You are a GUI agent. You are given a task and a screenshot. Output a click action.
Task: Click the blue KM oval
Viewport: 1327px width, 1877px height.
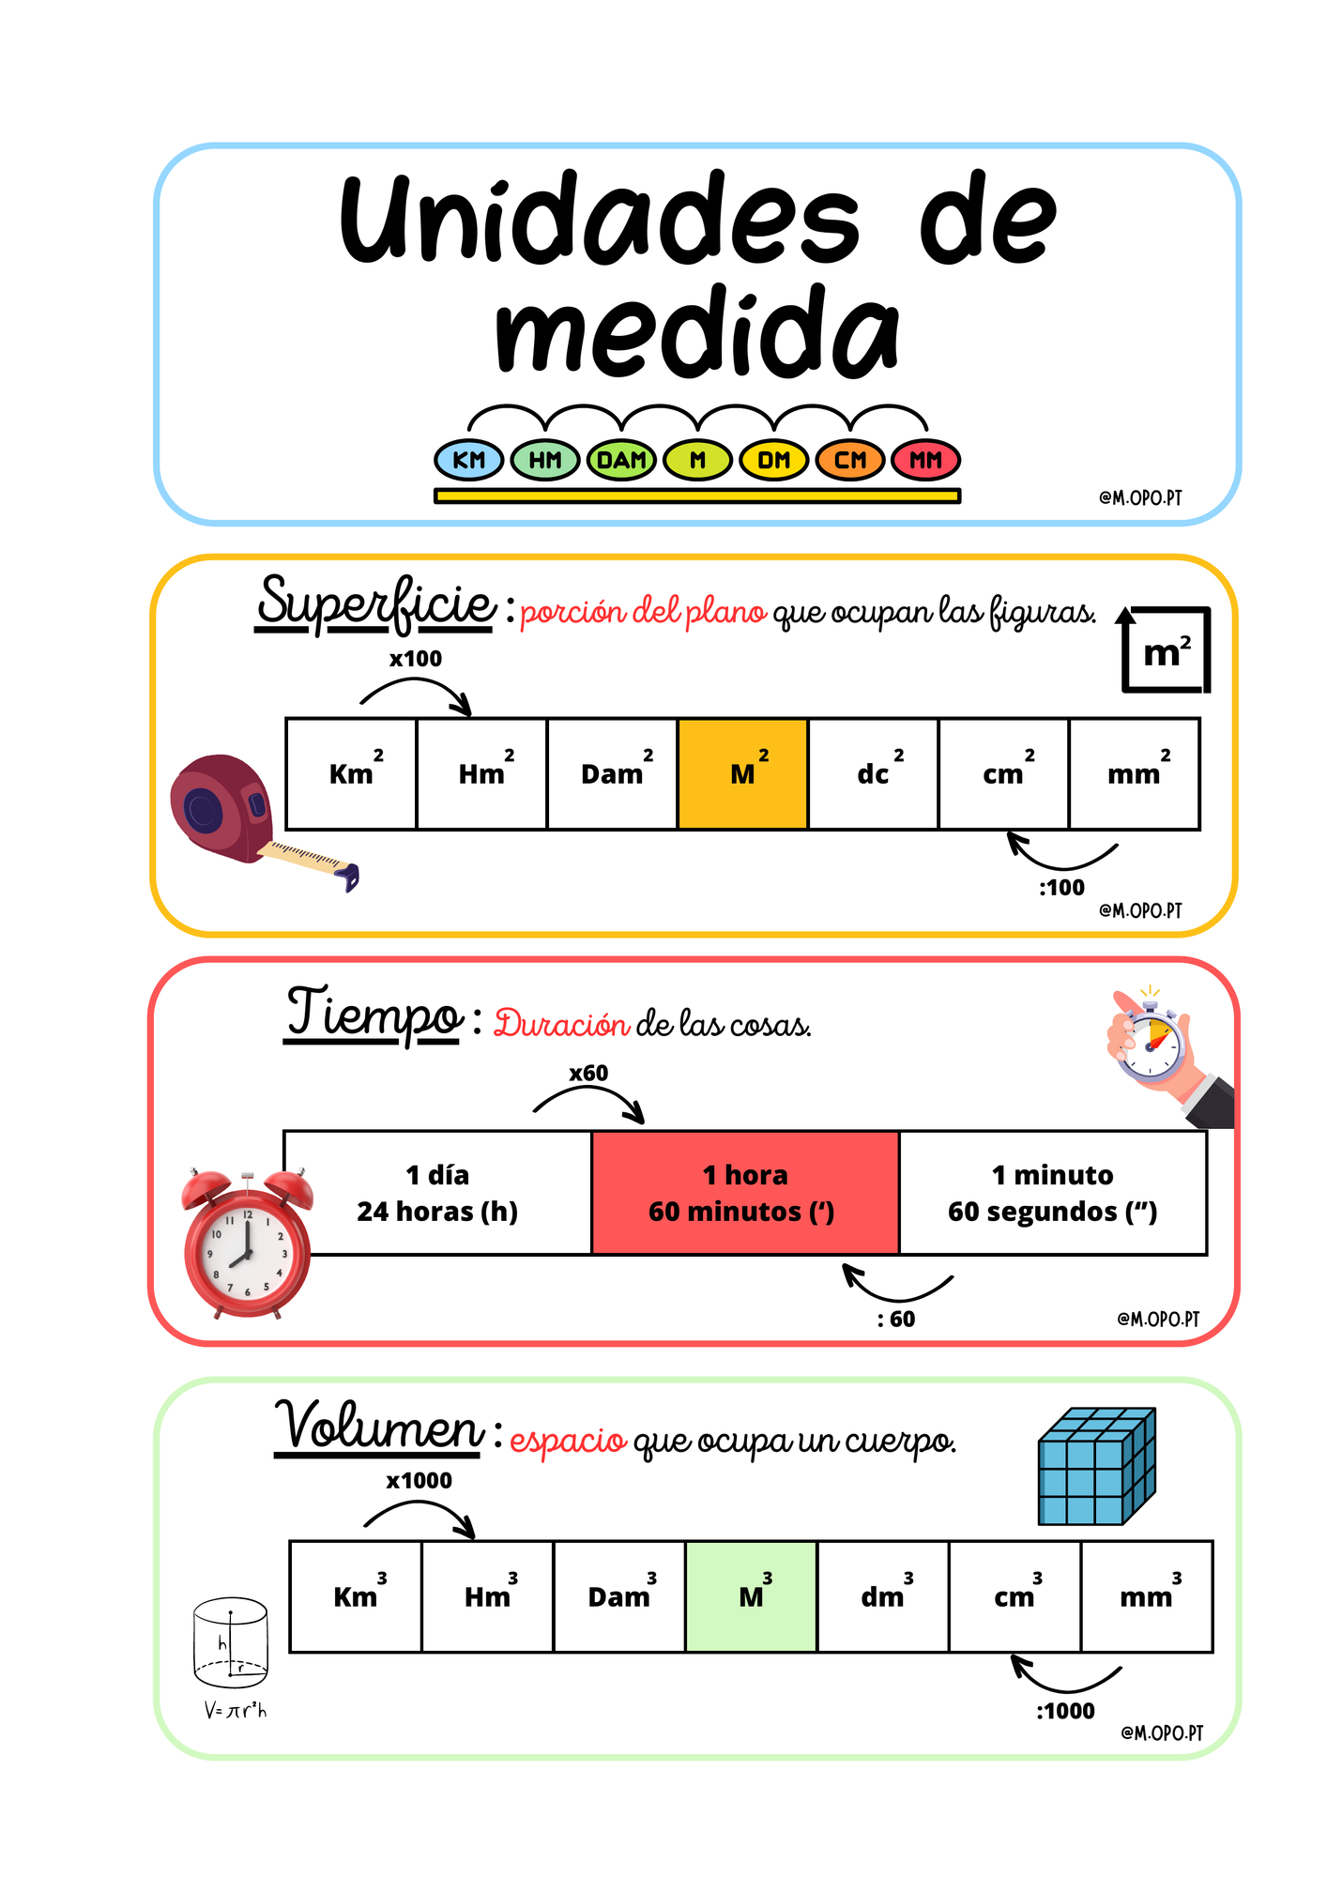click(x=469, y=460)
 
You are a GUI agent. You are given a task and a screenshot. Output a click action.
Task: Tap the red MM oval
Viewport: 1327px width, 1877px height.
click(x=925, y=460)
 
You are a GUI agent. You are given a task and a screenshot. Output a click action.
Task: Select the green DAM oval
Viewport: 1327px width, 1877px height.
click(x=621, y=460)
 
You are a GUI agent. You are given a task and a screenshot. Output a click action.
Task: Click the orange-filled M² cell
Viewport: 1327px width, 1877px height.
click(x=742, y=774)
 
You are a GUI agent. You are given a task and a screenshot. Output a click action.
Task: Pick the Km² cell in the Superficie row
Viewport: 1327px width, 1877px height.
click(x=351, y=774)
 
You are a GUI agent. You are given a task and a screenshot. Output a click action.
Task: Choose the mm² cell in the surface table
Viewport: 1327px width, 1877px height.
click(x=1135, y=774)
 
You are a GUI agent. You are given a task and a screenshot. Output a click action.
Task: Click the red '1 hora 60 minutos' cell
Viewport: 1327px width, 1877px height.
click(x=745, y=1193)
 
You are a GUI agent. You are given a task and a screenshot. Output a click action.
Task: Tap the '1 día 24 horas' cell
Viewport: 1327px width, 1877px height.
click(x=437, y=1193)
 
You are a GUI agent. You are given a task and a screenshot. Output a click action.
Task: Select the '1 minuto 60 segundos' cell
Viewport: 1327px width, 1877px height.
click(x=1053, y=1193)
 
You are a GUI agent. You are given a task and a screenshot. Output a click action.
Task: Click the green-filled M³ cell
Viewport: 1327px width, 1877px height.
click(x=751, y=1596)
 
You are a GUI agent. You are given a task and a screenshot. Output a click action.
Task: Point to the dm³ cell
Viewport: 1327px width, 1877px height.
click(x=883, y=1596)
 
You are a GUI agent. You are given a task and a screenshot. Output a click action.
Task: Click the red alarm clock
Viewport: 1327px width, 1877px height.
click(x=248, y=1244)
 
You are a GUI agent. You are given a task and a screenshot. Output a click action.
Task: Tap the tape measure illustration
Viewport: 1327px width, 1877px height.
click(x=263, y=821)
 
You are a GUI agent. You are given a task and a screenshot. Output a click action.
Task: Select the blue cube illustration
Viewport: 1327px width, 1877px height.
click(x=1096, y=1466)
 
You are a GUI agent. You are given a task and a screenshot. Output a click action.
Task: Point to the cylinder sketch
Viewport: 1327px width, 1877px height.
click(x=231, y=1642)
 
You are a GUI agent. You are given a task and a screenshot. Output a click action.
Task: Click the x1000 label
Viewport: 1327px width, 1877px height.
click(x=419, y=1481)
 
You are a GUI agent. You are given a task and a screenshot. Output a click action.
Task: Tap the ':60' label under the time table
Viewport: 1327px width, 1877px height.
click(x=896, y=1320)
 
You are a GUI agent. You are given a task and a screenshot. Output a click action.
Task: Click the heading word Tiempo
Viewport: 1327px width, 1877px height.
click(x=373, y=1014)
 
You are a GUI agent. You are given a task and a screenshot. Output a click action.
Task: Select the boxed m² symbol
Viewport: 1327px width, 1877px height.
click(x=1167, y=650)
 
